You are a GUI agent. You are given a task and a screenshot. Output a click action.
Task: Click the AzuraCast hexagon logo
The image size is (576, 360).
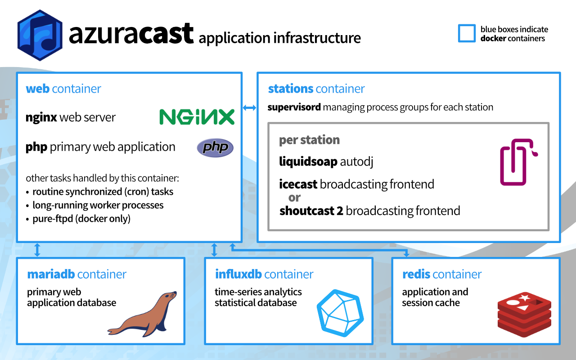pos(40,35)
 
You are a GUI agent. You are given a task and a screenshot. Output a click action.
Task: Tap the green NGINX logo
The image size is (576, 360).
pos(197,117)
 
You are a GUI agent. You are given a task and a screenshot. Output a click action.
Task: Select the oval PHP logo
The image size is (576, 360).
pos(215,148)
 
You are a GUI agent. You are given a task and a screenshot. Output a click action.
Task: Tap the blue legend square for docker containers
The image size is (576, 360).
pos(467,34)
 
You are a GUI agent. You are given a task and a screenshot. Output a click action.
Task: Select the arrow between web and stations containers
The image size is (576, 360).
pos(249,108)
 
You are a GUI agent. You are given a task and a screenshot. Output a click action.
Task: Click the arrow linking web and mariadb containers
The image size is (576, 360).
pos(37,250)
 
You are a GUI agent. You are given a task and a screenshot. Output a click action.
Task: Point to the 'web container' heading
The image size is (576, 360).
pos(63,89)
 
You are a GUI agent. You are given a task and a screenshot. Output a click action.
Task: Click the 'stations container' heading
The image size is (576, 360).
pos(316,89)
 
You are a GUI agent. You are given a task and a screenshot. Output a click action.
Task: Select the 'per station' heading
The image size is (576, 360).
pos(309,140)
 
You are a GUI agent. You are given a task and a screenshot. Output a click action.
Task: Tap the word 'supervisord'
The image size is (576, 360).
pos(294,108)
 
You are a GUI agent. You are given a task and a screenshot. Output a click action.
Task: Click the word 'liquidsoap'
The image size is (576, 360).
pos(308,162)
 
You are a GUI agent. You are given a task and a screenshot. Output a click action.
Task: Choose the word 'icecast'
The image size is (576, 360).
pos(298,184)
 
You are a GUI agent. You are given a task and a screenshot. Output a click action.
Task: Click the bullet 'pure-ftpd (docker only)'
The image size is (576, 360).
pos(81,219)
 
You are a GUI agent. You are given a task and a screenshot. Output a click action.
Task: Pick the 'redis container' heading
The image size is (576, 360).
pos(442,274)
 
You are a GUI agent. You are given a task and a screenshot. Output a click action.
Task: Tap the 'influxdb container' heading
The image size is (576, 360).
pos(264,274)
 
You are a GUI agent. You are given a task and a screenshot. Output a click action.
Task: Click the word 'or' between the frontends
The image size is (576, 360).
pos(295,198)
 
